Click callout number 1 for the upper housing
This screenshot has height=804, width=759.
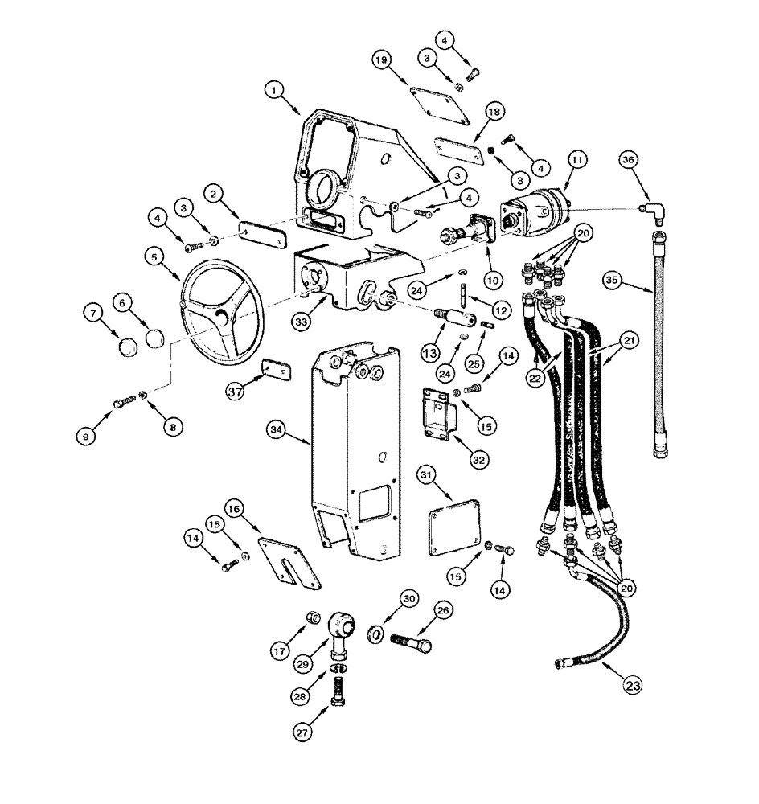[x=275, y=92]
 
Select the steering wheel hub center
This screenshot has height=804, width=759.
[x=219, y=314]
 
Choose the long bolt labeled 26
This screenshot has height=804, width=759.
[x=411, y=643]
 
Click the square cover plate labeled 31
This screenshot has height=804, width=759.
[x=457, y=531]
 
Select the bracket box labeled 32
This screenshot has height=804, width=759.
[x=438, y=415]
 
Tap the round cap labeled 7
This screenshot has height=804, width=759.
[x=128, y=347]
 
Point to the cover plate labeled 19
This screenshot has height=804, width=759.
[x=439, y=103]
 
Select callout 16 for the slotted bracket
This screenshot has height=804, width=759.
[x=233, y=509]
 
